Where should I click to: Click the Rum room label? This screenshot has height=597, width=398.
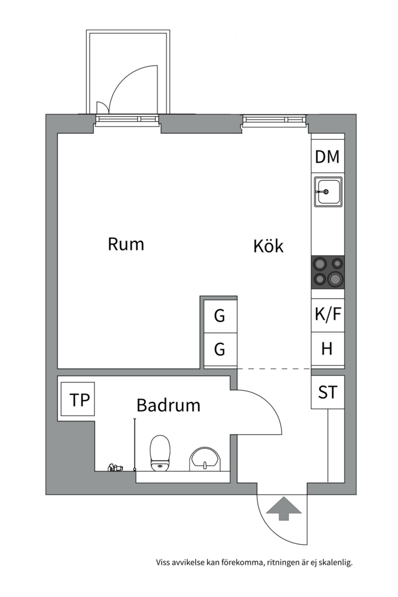pyautogui.click(x=126, y=244)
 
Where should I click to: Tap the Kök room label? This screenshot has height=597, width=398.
pyautogui.click(x=268, y=246)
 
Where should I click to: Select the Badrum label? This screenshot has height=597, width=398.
pyautogui.click(x=168, y=406)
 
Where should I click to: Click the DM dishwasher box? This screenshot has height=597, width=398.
pyautogui.click(x=327, y=157)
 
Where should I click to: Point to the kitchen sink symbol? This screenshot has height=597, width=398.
pyautogui.click(x=328, y=192)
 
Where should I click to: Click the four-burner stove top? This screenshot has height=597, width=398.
pyautogui.click(x=328, y=272)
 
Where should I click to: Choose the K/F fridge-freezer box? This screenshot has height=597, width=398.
pyautogui.click(x=328, y=315)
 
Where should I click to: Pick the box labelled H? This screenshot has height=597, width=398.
pyautogui.click(x=327, y=349)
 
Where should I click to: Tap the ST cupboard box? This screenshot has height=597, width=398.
pyautogui.click(x=327, y=392)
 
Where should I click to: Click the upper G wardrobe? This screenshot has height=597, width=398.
pyautogui.click(x=220, y=316)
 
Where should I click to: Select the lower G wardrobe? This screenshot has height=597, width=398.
pyautogui.click(x=220, y=350)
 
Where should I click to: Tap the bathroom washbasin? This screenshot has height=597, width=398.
pyautogui.click(x=205, y=459)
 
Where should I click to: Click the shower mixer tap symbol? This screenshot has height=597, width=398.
pyautogui.click(x=115, y=468)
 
